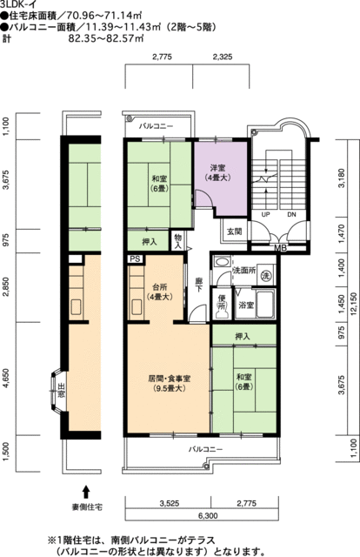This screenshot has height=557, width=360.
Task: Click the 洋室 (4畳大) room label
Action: (x=220, y=172)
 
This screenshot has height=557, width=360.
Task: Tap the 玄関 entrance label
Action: (x=234, y=232)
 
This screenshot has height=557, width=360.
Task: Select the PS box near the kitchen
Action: (x=136, y=259)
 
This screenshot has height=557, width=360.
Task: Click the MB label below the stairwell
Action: (x=281, y=248)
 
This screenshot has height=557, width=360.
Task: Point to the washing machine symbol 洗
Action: (x=265, y=275)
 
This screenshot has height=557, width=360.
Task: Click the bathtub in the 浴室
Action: (x=265, y=305)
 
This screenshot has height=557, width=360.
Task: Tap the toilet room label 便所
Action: (x=222, y=302)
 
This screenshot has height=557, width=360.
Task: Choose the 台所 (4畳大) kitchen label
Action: (x=160, y=292)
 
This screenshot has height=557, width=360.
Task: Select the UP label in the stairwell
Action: (x=265, y=215)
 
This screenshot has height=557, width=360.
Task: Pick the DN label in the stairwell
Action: (x=291, y=215)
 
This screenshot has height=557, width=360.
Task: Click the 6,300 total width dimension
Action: (x=210, y=516)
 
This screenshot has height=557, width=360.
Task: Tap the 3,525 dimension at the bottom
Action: (x=169, y=503)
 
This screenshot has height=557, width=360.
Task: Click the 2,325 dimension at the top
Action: (x=223, y=57)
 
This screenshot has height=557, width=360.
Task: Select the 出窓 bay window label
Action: (x=62, y=391)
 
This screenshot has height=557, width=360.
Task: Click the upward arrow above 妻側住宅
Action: (x=85, y=493)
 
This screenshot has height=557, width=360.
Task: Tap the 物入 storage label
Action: (x=178, y=241)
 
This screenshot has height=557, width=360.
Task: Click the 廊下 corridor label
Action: (x=199, y=285)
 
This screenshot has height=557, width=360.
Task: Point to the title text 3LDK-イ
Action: (x=17, y=4)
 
